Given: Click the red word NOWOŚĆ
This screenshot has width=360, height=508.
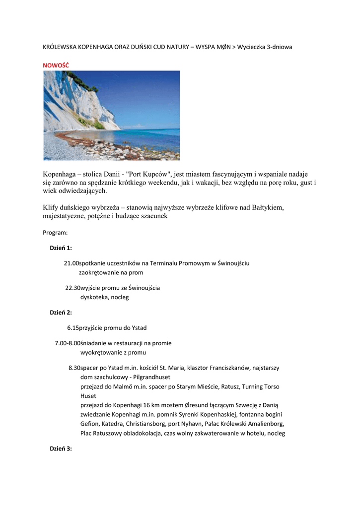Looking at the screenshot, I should coord(56,65).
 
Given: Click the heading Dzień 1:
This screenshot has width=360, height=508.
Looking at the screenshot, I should coord(61,248).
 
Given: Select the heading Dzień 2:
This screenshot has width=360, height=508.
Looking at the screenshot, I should coord(61,313).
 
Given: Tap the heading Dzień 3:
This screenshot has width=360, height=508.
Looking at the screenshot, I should coord(61,448).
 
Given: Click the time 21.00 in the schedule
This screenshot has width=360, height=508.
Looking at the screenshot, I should coord(72,263).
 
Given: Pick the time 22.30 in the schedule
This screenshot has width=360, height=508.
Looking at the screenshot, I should coord(73,288).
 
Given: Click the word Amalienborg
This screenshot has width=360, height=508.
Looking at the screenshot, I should coord(263,424).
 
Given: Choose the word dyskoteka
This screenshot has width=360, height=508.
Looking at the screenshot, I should coord(94,297).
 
